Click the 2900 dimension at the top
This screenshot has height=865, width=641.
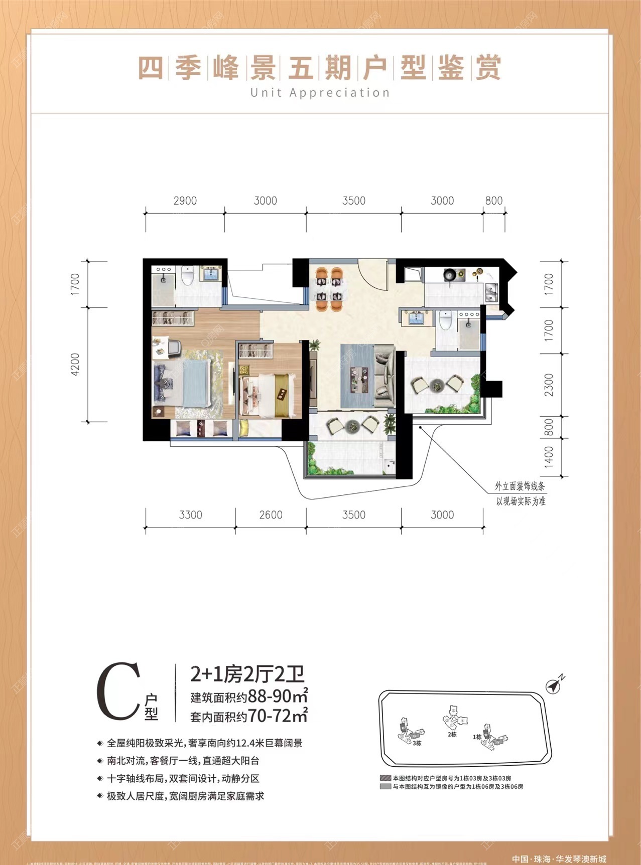point(185,201)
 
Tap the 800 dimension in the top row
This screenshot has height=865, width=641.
point(493,201)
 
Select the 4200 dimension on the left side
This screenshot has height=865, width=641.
point(75,365)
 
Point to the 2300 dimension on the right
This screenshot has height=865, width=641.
point(549,385)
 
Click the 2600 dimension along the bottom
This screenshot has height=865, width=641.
point(271,515)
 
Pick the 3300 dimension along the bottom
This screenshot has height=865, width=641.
point(190,515)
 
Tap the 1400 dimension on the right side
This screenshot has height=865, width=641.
point(549,457)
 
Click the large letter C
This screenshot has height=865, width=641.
point(117,691)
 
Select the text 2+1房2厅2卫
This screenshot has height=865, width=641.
point(247,674)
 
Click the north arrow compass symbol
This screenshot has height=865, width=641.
point(555,685)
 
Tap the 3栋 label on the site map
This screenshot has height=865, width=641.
point(417,743)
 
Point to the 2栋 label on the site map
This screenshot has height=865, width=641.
point(452,734)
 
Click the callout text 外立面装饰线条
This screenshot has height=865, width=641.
point(520,486)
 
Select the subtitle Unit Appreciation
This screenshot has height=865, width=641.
point(320,93)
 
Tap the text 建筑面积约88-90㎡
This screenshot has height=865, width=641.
point(248,697)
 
